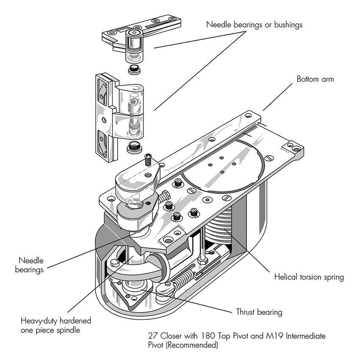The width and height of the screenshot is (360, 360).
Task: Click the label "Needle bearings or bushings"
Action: click(x=255, y=25)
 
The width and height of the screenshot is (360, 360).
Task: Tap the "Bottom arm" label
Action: click(x=315, y=79)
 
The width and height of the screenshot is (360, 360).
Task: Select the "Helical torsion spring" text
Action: click(x=309, y=278)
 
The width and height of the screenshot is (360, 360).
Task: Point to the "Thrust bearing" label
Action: click(x=259, y=313)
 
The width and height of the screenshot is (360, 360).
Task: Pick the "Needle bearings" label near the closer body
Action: click(x=30, y=265)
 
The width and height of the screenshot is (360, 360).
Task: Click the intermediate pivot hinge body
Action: click(x=127, y=114)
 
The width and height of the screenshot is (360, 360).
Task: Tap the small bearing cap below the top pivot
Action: click(x=135, y=69)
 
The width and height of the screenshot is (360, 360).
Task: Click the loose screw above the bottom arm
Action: click(x=148, y=160)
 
